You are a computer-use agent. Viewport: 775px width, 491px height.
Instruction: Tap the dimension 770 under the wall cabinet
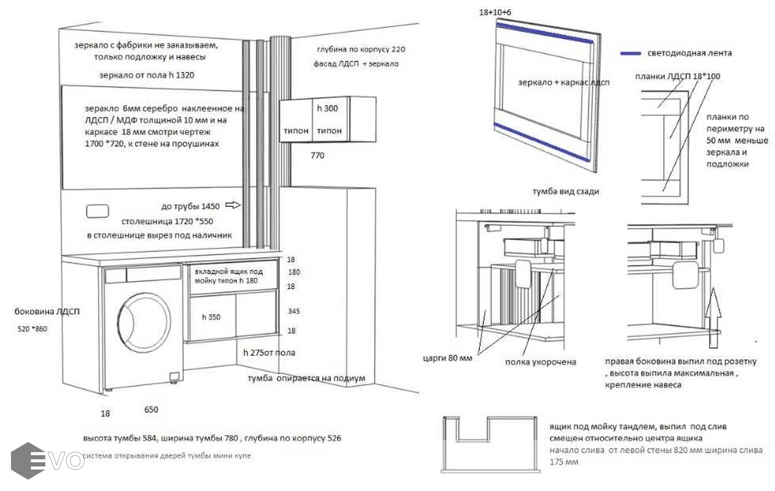coord(317,155)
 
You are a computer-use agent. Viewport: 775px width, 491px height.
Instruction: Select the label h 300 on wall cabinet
coord(327,109)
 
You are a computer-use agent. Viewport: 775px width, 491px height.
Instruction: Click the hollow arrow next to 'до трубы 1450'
coord(233,205)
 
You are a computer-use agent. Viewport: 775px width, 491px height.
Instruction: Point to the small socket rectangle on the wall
coord(98,211)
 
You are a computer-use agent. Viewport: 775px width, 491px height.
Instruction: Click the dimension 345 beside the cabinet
coord(293,311)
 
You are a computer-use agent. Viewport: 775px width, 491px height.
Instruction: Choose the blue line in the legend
coord(630,53)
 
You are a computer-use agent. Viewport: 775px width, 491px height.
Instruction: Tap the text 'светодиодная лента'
coord(689,53)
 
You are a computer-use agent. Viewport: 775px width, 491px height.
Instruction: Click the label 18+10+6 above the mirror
coord(495,12)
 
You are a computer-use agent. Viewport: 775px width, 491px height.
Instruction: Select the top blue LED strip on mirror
coord(544,33)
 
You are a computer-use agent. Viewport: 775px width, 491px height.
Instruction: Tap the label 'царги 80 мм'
coord(448,358)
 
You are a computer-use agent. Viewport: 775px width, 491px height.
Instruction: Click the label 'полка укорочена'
coord(540,362)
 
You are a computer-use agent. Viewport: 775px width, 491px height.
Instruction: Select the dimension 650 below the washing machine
coord(151,410)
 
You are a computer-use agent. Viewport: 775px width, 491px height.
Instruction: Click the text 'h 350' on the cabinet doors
coord(211,317)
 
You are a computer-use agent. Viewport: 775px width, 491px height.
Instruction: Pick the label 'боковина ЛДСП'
coord(47,312)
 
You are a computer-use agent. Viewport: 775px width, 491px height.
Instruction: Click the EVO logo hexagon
coord(28,460)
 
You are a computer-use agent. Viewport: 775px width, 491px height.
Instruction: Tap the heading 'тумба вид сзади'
coord(566,191)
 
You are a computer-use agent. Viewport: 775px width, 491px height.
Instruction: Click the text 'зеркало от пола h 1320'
coord(146,75)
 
